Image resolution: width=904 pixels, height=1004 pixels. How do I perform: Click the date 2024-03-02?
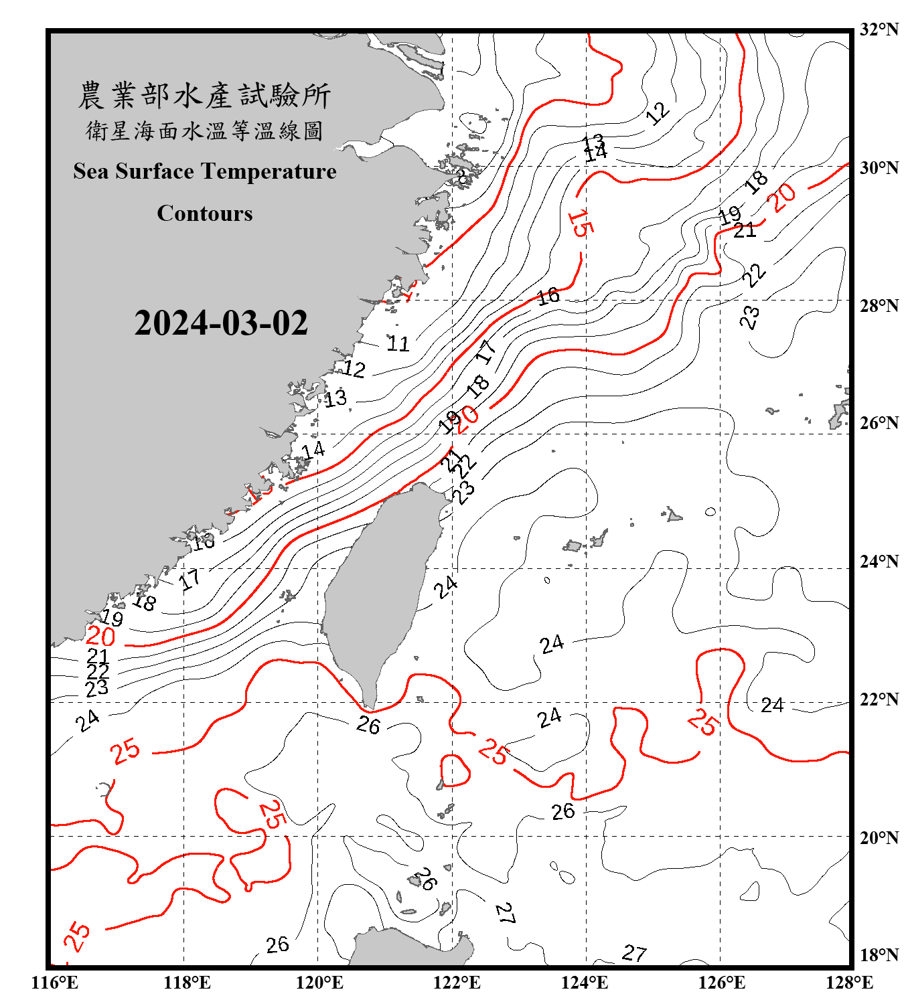coord(221,323)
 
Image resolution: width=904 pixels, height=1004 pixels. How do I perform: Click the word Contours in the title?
coord(205,214)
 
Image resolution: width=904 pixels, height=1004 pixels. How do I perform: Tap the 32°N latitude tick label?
coord(879,29)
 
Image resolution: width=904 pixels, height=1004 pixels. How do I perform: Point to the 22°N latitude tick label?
coord(879,699)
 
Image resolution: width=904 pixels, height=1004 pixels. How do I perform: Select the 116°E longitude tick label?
coord(55,983)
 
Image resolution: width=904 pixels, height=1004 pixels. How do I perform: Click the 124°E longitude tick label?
coord(585,983)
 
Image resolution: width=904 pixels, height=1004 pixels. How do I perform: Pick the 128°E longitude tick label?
coord(849,983)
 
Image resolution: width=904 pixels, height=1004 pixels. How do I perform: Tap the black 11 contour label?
coord(398,343)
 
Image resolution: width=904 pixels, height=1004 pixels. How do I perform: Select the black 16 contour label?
coord(548,295)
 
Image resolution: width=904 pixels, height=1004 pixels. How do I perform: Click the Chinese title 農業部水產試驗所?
coord(204,96)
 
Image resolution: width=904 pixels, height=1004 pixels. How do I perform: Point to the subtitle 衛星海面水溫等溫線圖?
coord(204,131)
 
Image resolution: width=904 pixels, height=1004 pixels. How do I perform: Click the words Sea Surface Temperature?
coord(205,171)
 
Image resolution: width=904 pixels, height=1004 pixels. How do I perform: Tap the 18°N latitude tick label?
coord(879,955)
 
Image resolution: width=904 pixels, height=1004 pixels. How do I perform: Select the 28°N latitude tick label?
coord(879,306)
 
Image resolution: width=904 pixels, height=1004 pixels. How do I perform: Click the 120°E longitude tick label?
coord(319,983)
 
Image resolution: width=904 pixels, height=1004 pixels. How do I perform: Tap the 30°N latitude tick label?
coord(879,168)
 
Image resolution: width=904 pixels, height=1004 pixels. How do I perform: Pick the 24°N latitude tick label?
coord(879,562)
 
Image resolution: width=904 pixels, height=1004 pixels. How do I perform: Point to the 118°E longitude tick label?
coord(187,983)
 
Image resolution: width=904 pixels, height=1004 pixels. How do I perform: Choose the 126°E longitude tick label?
coord(721,983)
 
